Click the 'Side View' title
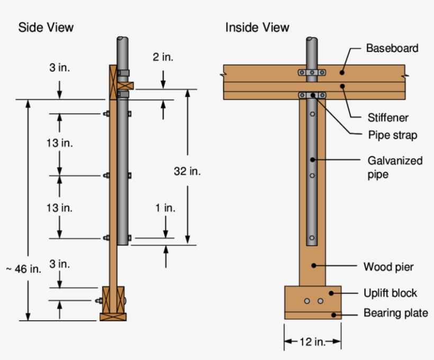(x=46, y=27)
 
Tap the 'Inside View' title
(x=257, y=27)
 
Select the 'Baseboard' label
(x=392, y=48)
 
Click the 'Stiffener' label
(x=388, y=117)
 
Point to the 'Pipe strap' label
(x=392, y=135)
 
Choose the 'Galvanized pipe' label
(x=395, y=167)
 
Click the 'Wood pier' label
(x=388, y=266)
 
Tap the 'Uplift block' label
(x=390, y=293)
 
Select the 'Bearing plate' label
(x=395, y=313)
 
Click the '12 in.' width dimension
(x=312, y=342)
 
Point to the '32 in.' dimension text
(x=187, y=171)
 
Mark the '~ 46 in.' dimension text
(x=23, y=269)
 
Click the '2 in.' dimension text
(x=163, y=57)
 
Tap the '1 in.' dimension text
(x=165, y=208)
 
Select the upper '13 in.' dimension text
(x=59, y=143)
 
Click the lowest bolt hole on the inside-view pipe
(x=312, y=238)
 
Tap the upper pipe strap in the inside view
(x=312, y=72)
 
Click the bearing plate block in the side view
(x=113, y=317)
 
